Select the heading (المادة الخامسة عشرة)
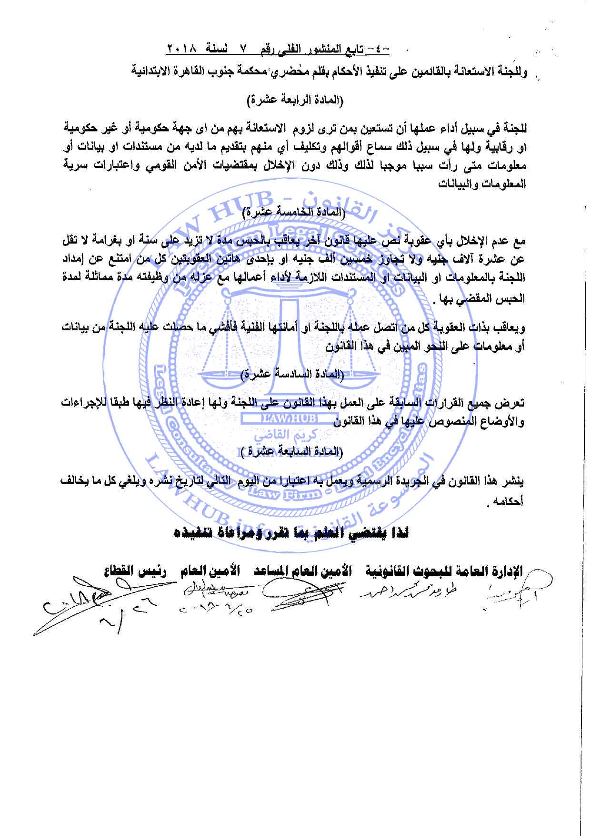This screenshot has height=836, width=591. click(x=295, y=213)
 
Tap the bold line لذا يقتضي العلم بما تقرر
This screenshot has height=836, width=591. click(x=291, y=533)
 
